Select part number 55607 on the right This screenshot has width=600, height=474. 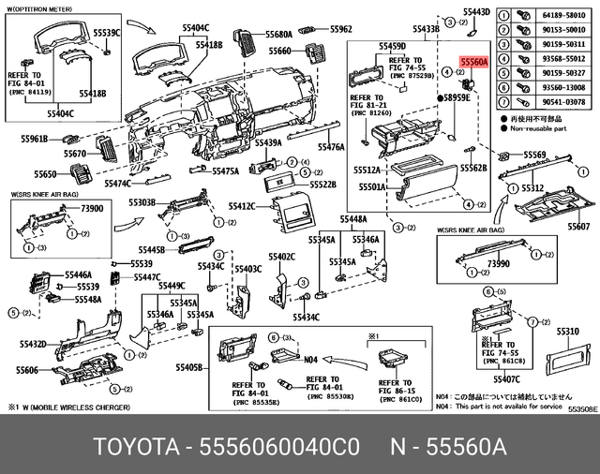(x=578, y=228)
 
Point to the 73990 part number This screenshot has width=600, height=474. (x=500, y=265)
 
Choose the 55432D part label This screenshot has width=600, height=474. (x=28, y=346)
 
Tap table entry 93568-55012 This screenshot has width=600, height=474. (x=559, y=58)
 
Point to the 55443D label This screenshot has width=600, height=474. (x=477, y=12)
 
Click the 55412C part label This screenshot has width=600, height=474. (x=242, y=205)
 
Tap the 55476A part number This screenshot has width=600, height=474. (x=332, y=147)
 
